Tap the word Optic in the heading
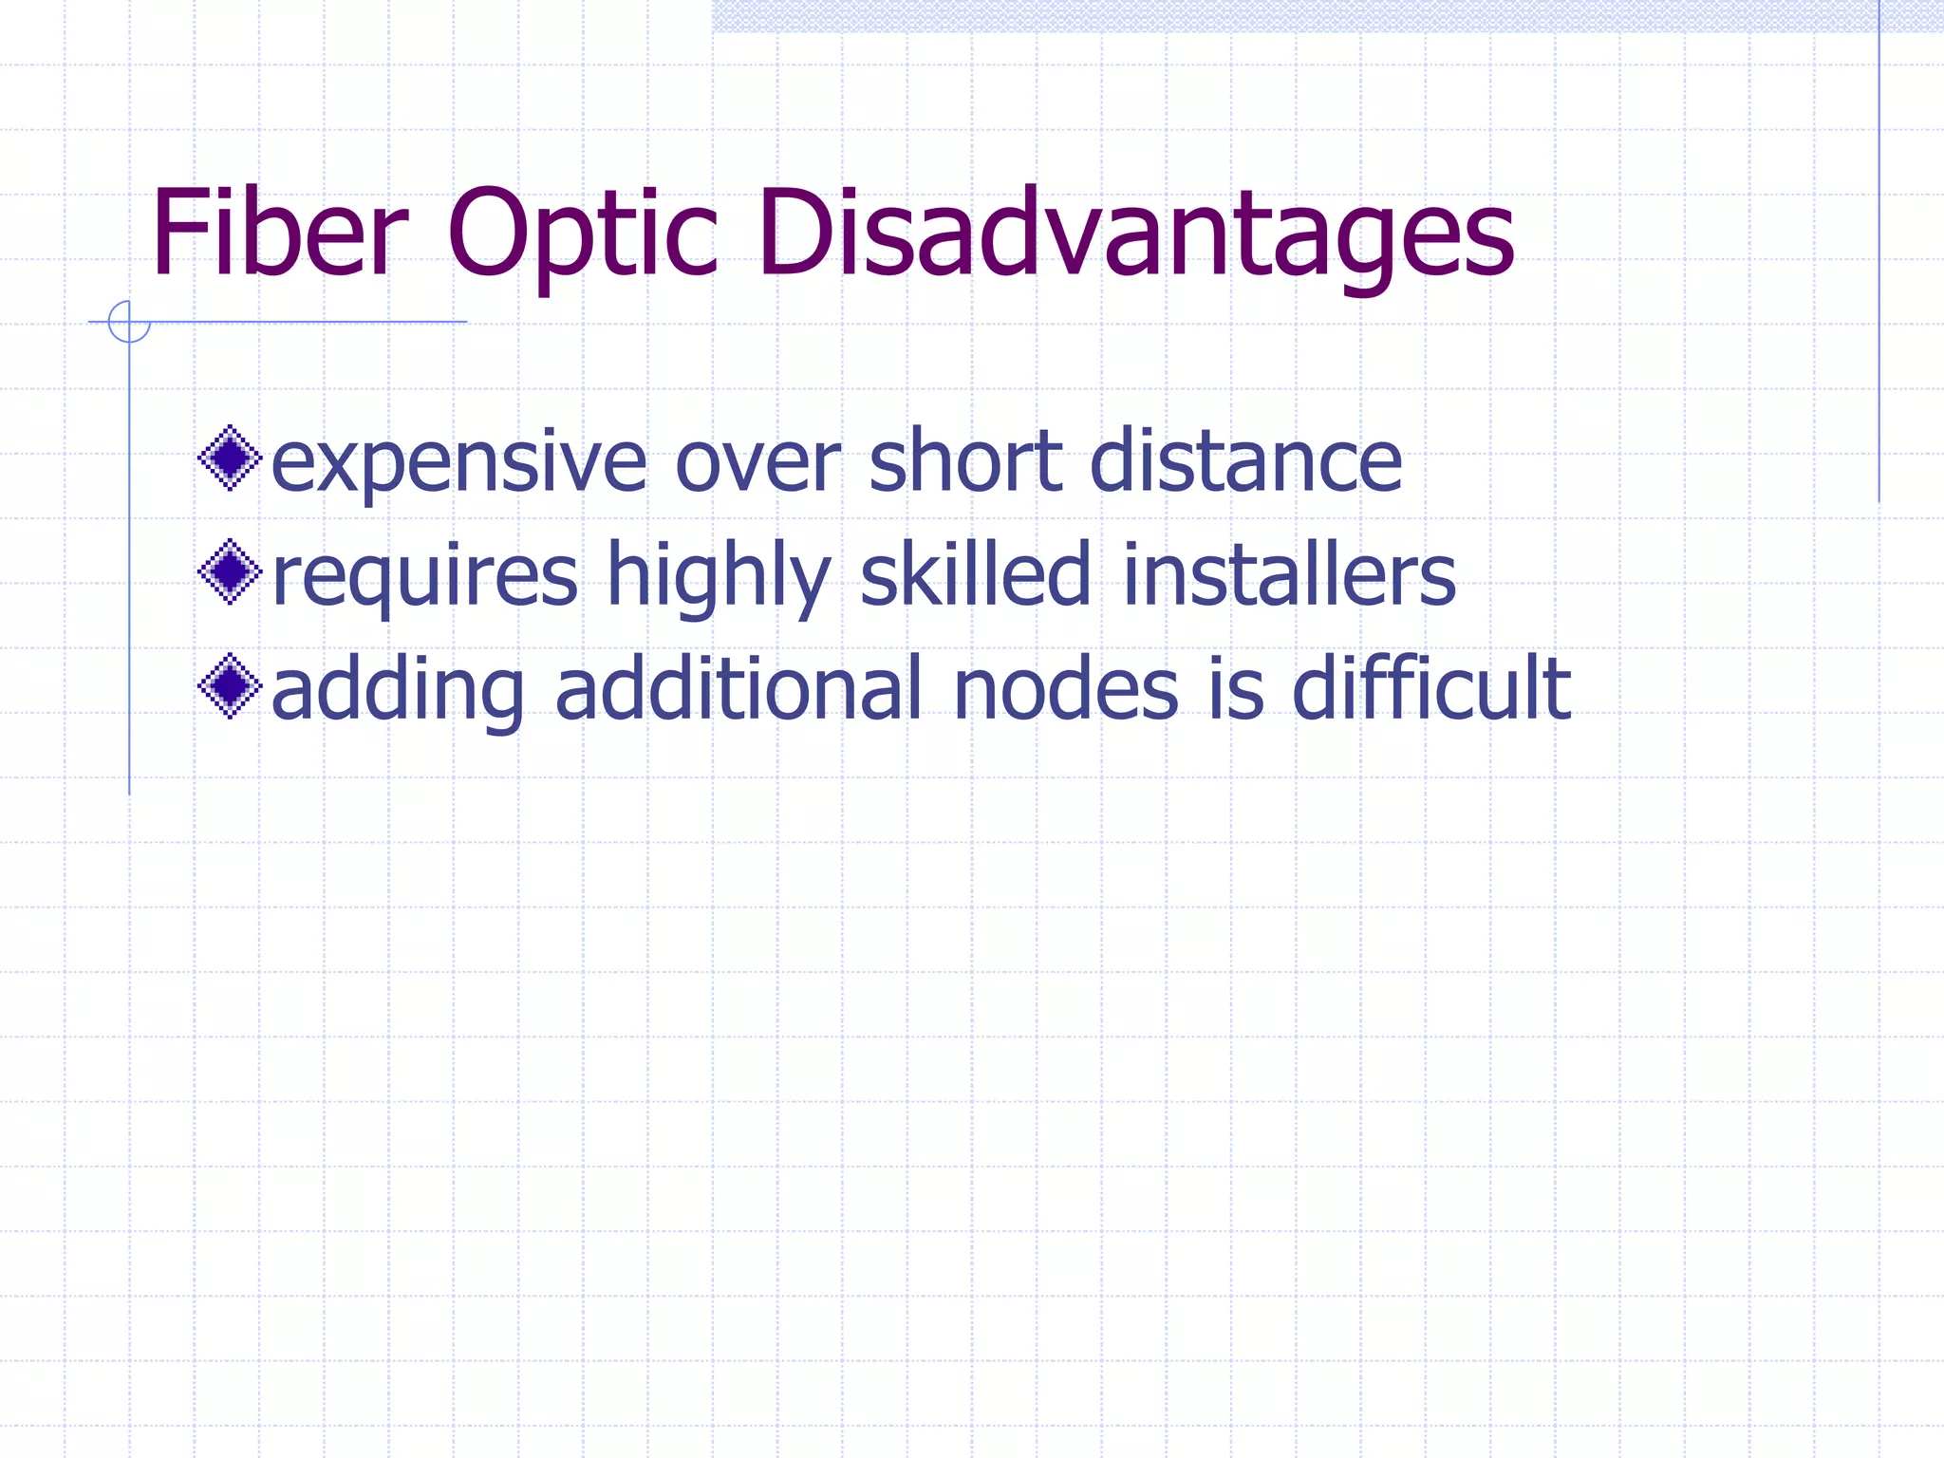(x=582, y=235)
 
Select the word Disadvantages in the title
(x=1135, y=235)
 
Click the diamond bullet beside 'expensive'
(x=230, y=458)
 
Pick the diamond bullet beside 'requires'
(x=230, y=572)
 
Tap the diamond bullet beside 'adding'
(x=230, y=686)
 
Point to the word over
(x=757, y=463)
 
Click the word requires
(x=424, y=577)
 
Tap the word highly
(x=719, y=577)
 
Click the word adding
(x=398, y=691)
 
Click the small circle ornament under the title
(x=129, y=322)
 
